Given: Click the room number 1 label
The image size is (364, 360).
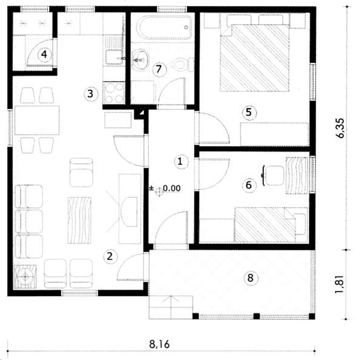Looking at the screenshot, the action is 181,162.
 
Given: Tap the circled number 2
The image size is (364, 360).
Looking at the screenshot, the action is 110,256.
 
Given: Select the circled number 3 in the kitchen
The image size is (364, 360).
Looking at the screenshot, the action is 90,94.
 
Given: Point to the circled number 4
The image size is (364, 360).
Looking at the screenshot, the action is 44,55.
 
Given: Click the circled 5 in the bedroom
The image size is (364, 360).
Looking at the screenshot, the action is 249,113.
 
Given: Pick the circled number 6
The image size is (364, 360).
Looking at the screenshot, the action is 249,185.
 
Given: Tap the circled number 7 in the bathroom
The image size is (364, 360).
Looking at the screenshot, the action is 160,69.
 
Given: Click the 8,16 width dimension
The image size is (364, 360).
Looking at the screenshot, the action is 159,344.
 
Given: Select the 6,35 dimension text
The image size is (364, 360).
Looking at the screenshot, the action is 340,128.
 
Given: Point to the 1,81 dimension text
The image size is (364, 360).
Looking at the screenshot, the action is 340,284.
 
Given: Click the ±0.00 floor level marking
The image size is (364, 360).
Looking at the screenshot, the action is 165,188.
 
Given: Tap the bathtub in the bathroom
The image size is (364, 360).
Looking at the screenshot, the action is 164,27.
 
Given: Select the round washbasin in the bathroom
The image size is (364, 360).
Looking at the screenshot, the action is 141,59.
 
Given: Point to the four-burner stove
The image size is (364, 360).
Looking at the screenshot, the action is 114,93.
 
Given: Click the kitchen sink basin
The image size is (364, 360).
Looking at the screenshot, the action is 114,57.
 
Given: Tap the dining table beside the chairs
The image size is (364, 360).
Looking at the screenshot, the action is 37,120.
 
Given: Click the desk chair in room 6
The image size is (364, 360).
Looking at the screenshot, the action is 274,175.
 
